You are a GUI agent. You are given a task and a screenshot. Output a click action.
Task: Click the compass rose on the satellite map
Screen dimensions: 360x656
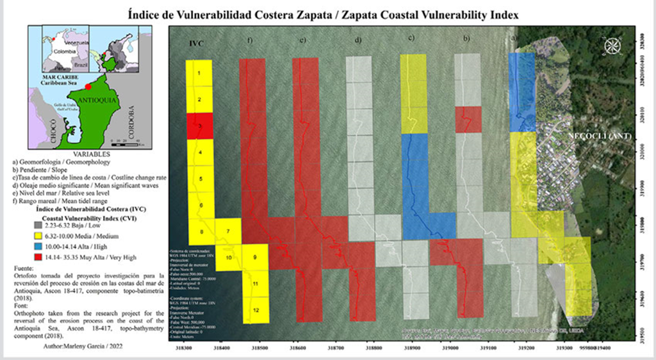613,45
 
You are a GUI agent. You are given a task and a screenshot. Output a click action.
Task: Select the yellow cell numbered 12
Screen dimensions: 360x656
256,310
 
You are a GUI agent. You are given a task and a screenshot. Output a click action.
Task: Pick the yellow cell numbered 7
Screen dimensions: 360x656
228,231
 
